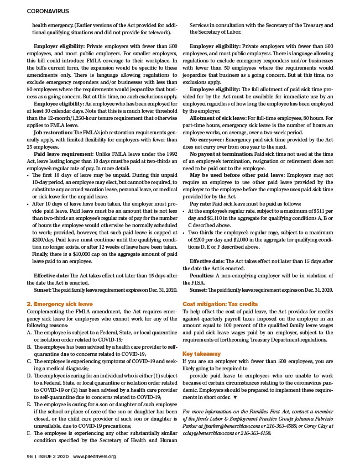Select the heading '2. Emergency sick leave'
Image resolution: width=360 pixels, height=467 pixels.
click(60, 304)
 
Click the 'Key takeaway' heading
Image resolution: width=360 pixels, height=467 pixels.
click(202, 354)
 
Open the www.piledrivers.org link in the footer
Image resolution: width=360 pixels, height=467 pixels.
click(94, 456)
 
